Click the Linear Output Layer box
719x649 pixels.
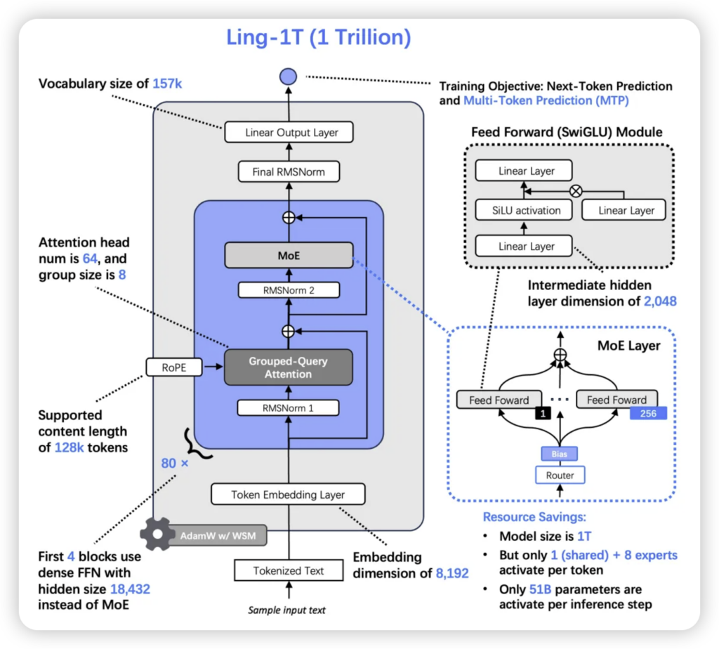[x=288, y=132]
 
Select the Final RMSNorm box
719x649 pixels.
[x=288, y=171]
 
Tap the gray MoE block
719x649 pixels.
[x=288, y=256]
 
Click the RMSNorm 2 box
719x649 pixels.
[x=288, y=289]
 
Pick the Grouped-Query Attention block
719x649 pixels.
[x=288, y=367]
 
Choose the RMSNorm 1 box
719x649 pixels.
[x=288, y=407]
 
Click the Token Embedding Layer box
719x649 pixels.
[x=288, y=494]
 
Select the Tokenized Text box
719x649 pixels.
[x=289, y=570]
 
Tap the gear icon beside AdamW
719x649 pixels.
[x=157, y=535]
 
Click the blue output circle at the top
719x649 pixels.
[x=288, y=77]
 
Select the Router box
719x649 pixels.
[x=560, y=476]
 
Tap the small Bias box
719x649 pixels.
[x=560, y=454]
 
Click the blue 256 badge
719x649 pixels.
[x=648, y=414]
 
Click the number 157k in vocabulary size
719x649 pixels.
[x=167, y=84]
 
